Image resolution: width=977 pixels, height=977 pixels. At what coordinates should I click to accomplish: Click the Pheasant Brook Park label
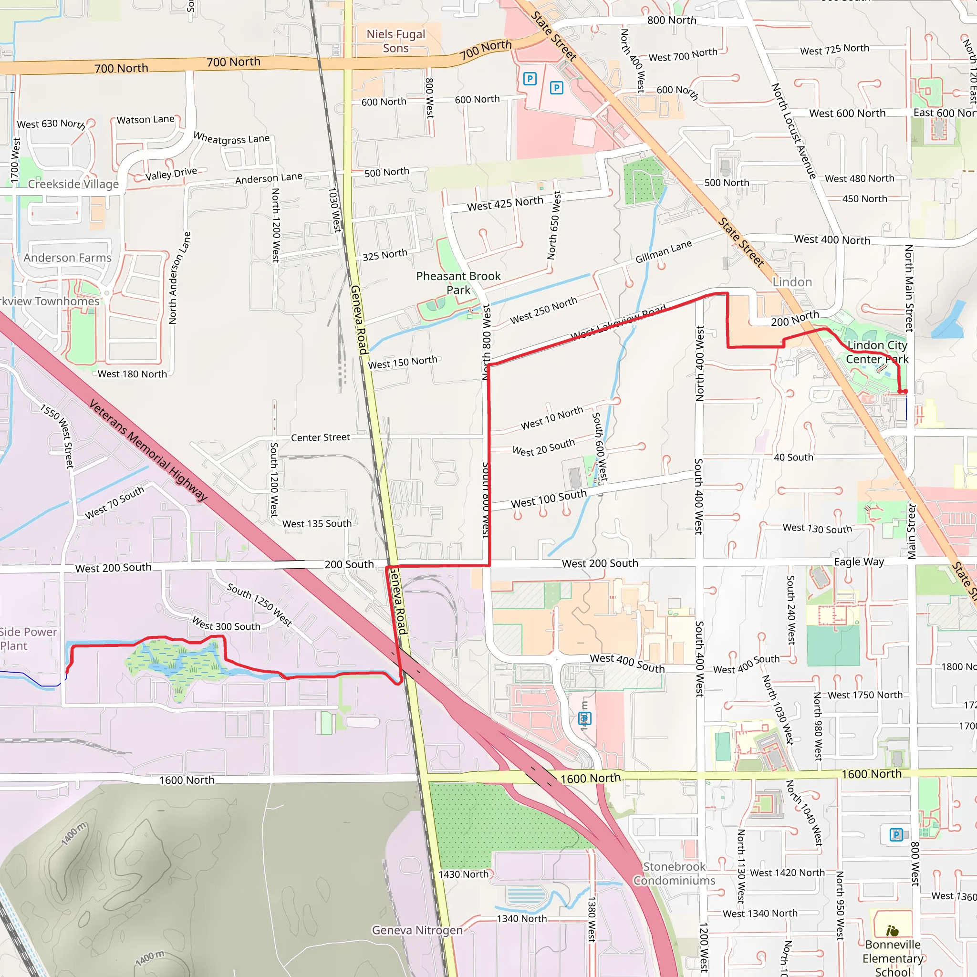(x=458, y=283)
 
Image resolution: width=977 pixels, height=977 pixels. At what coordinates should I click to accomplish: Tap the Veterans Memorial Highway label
(x=148, y=450)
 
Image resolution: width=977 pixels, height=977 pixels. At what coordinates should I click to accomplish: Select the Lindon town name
(x=792, y=282)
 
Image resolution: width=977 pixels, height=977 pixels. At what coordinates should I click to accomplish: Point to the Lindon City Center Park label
(x=877, y=352)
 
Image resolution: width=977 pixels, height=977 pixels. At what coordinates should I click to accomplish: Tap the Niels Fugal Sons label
(x=395, y=41)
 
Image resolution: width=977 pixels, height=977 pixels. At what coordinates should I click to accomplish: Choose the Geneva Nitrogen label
(x=417, y=930)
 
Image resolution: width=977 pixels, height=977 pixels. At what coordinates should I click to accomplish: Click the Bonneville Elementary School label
(x=893, y=958)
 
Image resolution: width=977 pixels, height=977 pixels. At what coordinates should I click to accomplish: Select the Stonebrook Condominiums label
(x=674, y=873)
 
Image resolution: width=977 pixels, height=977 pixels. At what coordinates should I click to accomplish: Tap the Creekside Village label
(x=73, y=184)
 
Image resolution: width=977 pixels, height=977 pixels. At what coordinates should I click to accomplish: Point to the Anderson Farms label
(x=67, y=258)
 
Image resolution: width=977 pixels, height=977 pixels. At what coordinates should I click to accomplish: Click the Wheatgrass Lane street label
(x=231, y=138)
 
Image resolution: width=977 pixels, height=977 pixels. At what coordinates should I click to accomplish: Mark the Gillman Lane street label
(x=664, y=252)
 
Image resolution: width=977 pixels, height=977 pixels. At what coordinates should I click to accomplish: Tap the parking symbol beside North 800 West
(x=896, y=834)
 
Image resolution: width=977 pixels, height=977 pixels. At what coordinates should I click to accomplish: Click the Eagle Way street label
(x=859, y=562)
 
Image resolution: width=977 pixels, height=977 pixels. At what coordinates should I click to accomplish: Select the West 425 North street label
(x=505, y=203)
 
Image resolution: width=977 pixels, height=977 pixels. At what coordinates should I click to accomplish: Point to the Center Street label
(x=320, y=437)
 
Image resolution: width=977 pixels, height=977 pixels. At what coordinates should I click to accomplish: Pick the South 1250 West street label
(x=260, y=604)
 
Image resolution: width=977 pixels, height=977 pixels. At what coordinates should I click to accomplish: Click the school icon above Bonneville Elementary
(x=893, y=930)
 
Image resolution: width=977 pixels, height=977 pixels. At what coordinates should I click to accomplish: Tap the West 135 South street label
(x=317, y=524)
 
